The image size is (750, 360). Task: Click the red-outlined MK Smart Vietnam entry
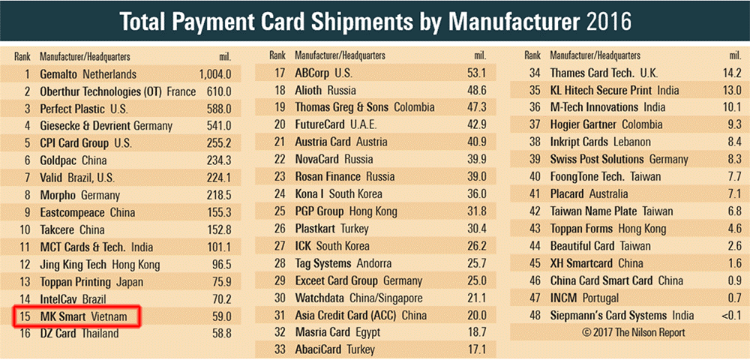[x=77, y=317]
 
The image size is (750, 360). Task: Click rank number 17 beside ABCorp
[x=280, y=73]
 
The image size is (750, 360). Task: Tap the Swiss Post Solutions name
[x=597, y=159]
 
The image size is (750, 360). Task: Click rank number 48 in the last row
[x=534, y=315]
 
